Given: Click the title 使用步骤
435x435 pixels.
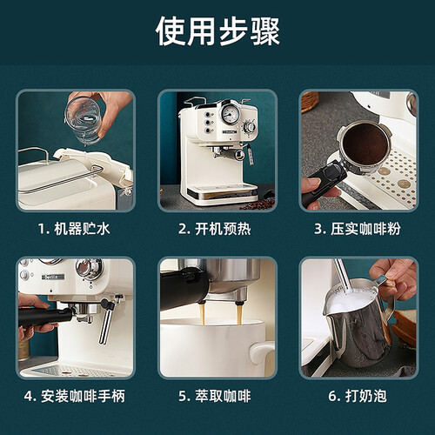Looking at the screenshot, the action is pos(217,30).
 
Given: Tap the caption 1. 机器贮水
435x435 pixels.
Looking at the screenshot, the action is pos(74,229).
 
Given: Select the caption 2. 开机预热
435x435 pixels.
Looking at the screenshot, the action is pos(215,229).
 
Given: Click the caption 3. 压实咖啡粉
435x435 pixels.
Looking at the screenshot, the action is pos(358,229).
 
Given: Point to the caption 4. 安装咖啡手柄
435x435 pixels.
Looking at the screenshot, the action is pos(75,396).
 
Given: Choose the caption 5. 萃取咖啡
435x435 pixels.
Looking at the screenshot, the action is pos(215,396).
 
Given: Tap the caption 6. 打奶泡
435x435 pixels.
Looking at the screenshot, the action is pos(358,396).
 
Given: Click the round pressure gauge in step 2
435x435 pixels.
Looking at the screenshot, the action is pos(231,114).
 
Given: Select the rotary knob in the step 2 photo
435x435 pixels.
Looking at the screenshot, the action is pos(250,127).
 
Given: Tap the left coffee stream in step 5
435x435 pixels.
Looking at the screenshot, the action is pos(202,314).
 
